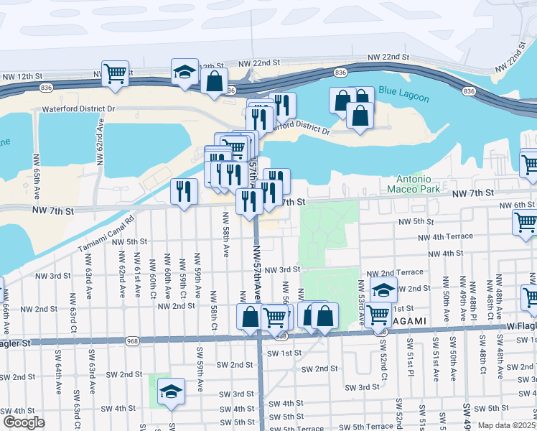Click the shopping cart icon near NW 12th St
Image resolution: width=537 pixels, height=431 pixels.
coord(115,73)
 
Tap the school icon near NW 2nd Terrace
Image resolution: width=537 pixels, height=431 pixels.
coord(383,289)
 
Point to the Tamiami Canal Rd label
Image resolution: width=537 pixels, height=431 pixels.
coord(106,235)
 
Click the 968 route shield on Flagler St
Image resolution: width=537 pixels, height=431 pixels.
coord(131,340)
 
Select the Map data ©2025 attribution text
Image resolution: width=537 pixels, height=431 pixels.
coord(505,425)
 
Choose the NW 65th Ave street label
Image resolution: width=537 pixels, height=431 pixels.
coord(35,169)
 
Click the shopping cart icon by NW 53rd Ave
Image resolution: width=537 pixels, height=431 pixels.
coord(378,313)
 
